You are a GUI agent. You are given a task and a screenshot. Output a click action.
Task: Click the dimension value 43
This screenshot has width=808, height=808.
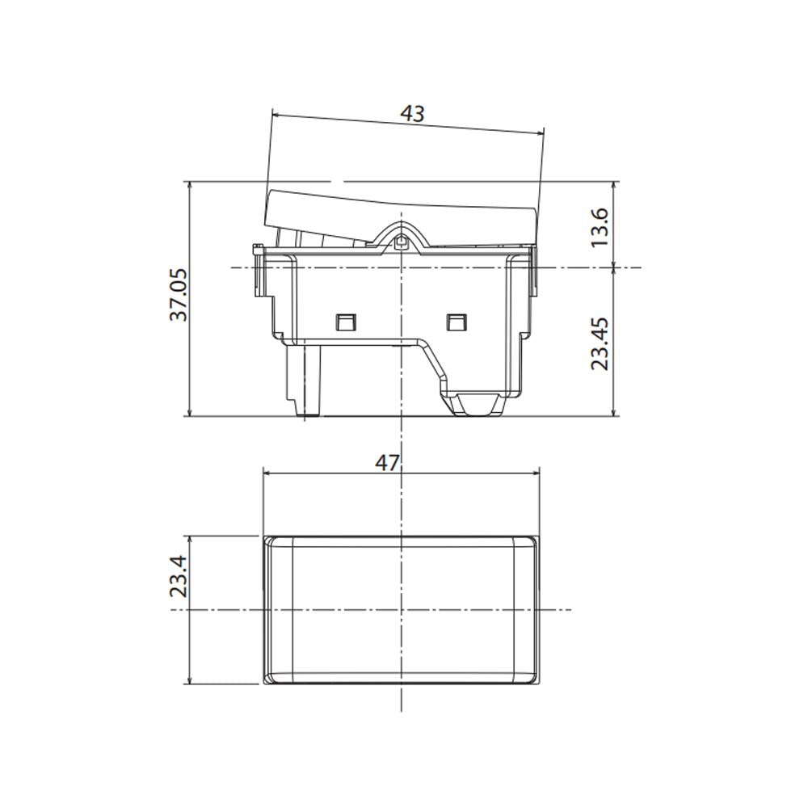(x=412, y=114)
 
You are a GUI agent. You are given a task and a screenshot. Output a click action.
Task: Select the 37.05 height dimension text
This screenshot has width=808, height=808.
(x=179, y=294)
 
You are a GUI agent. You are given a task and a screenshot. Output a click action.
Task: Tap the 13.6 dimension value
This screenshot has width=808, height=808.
(x=600, y=228)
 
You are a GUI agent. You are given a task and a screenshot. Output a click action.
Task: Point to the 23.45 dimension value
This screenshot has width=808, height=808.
(x=600, y=343)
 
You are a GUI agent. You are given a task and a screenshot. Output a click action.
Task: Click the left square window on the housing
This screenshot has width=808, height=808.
(x=346, y=322)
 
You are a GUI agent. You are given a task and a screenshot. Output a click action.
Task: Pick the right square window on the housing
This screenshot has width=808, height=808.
(x=456, y=322)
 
